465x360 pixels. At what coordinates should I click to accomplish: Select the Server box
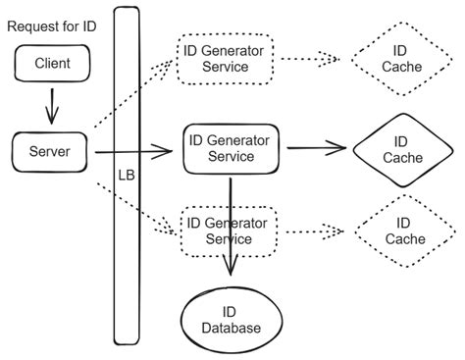(49, 151)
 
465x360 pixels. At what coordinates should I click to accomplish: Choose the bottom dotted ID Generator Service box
(227, 231)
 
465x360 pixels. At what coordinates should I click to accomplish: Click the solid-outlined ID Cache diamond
(401, 149)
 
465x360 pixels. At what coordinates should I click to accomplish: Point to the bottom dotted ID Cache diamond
(401, 231)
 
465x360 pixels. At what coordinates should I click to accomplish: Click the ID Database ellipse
(232, 319)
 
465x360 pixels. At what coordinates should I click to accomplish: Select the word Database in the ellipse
(232, 328)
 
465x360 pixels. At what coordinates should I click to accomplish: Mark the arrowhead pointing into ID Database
(232, 274)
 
